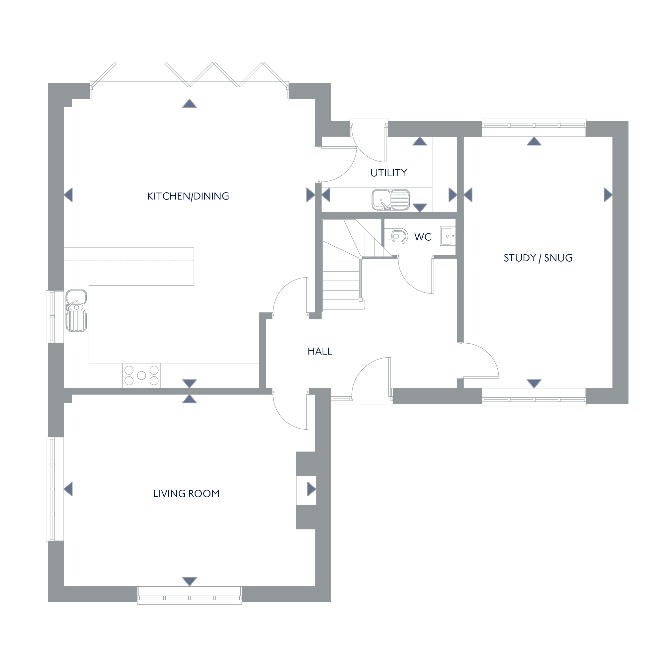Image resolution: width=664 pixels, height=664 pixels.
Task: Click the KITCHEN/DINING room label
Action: tap(188, 196)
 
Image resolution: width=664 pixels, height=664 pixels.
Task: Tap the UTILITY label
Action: tap(389, 173)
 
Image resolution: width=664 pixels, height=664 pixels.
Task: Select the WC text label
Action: tap(423, 237)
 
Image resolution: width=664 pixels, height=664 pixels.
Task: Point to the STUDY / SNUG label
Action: tap(538, 258)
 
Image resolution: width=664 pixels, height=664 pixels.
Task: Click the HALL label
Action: tap(320, 351)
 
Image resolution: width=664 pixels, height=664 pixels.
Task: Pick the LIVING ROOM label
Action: tap(186, 494)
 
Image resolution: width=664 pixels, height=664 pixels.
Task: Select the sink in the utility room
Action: tap(391, 199)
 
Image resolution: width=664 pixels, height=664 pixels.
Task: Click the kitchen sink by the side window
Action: tap(76, 311)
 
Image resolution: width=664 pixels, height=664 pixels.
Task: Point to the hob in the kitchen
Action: tap(141, 375)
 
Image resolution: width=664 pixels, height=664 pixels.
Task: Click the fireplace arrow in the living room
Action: tap(311, 489)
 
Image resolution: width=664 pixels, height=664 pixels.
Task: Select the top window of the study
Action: tap(534, 124)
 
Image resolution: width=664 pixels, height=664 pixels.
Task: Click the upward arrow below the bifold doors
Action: tap(189, 104)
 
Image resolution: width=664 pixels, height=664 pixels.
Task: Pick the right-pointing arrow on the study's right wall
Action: tap(608, 195)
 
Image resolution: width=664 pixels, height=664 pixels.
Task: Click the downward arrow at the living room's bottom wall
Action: tap(189, 582)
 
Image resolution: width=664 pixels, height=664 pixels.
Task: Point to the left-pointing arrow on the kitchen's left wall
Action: tap(68, 195)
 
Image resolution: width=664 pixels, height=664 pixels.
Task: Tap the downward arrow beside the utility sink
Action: tap(420, 207)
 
